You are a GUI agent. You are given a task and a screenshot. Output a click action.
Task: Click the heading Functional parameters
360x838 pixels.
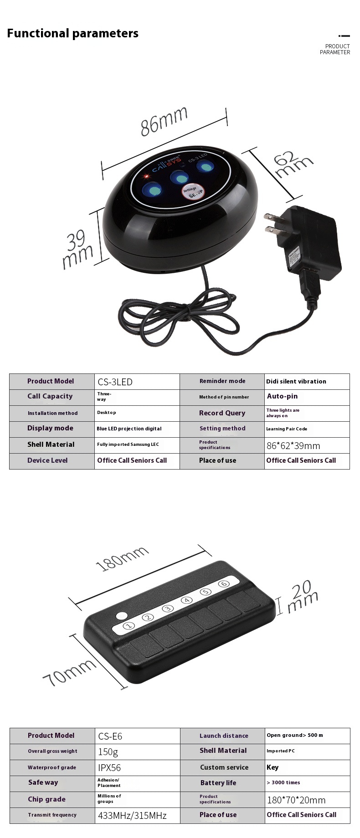point(73,33)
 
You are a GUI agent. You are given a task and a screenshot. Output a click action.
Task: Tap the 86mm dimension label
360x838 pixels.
point(164,121)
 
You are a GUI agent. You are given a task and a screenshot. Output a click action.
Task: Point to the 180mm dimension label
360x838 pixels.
point(122,559)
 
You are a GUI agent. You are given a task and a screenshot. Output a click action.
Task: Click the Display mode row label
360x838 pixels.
point(50,428)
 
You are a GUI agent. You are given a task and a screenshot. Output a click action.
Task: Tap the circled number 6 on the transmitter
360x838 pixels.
point(223,584)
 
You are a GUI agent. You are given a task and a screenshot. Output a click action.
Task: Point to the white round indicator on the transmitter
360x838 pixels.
point(122,616)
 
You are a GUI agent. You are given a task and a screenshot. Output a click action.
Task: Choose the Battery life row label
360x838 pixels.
point(218,783)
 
